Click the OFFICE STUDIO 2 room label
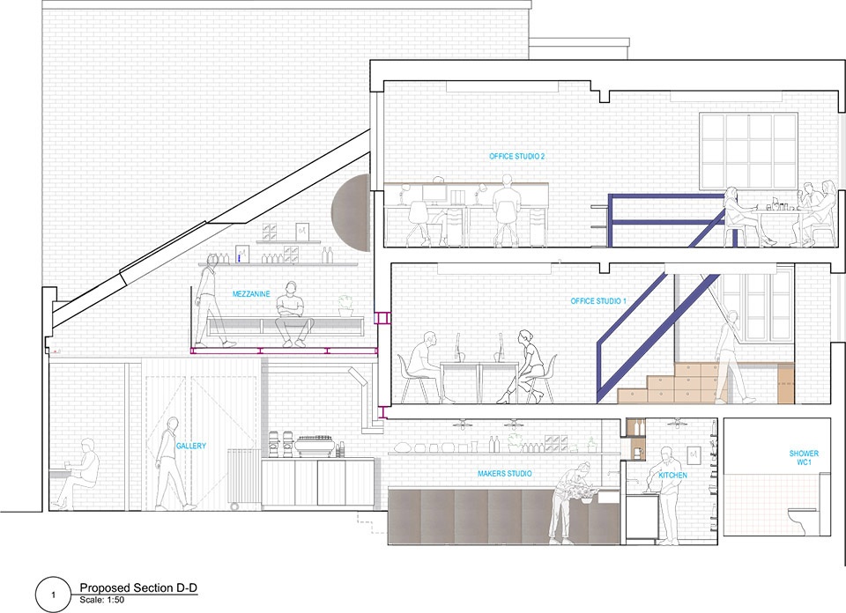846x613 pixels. point(517,157)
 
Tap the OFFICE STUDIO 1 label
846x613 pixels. point(598,301)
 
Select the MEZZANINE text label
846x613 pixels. point(251,294)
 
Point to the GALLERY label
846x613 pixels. point(191,446)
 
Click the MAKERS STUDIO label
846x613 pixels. point(504,473)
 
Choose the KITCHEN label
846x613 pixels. point(672,475)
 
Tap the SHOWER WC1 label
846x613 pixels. point(804,458)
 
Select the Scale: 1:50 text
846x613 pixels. point(102,600)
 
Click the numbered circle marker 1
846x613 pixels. point(53,595)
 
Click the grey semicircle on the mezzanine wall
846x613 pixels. point(352,213)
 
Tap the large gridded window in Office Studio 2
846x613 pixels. point(748,152)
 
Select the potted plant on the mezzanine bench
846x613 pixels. point(345,306)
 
